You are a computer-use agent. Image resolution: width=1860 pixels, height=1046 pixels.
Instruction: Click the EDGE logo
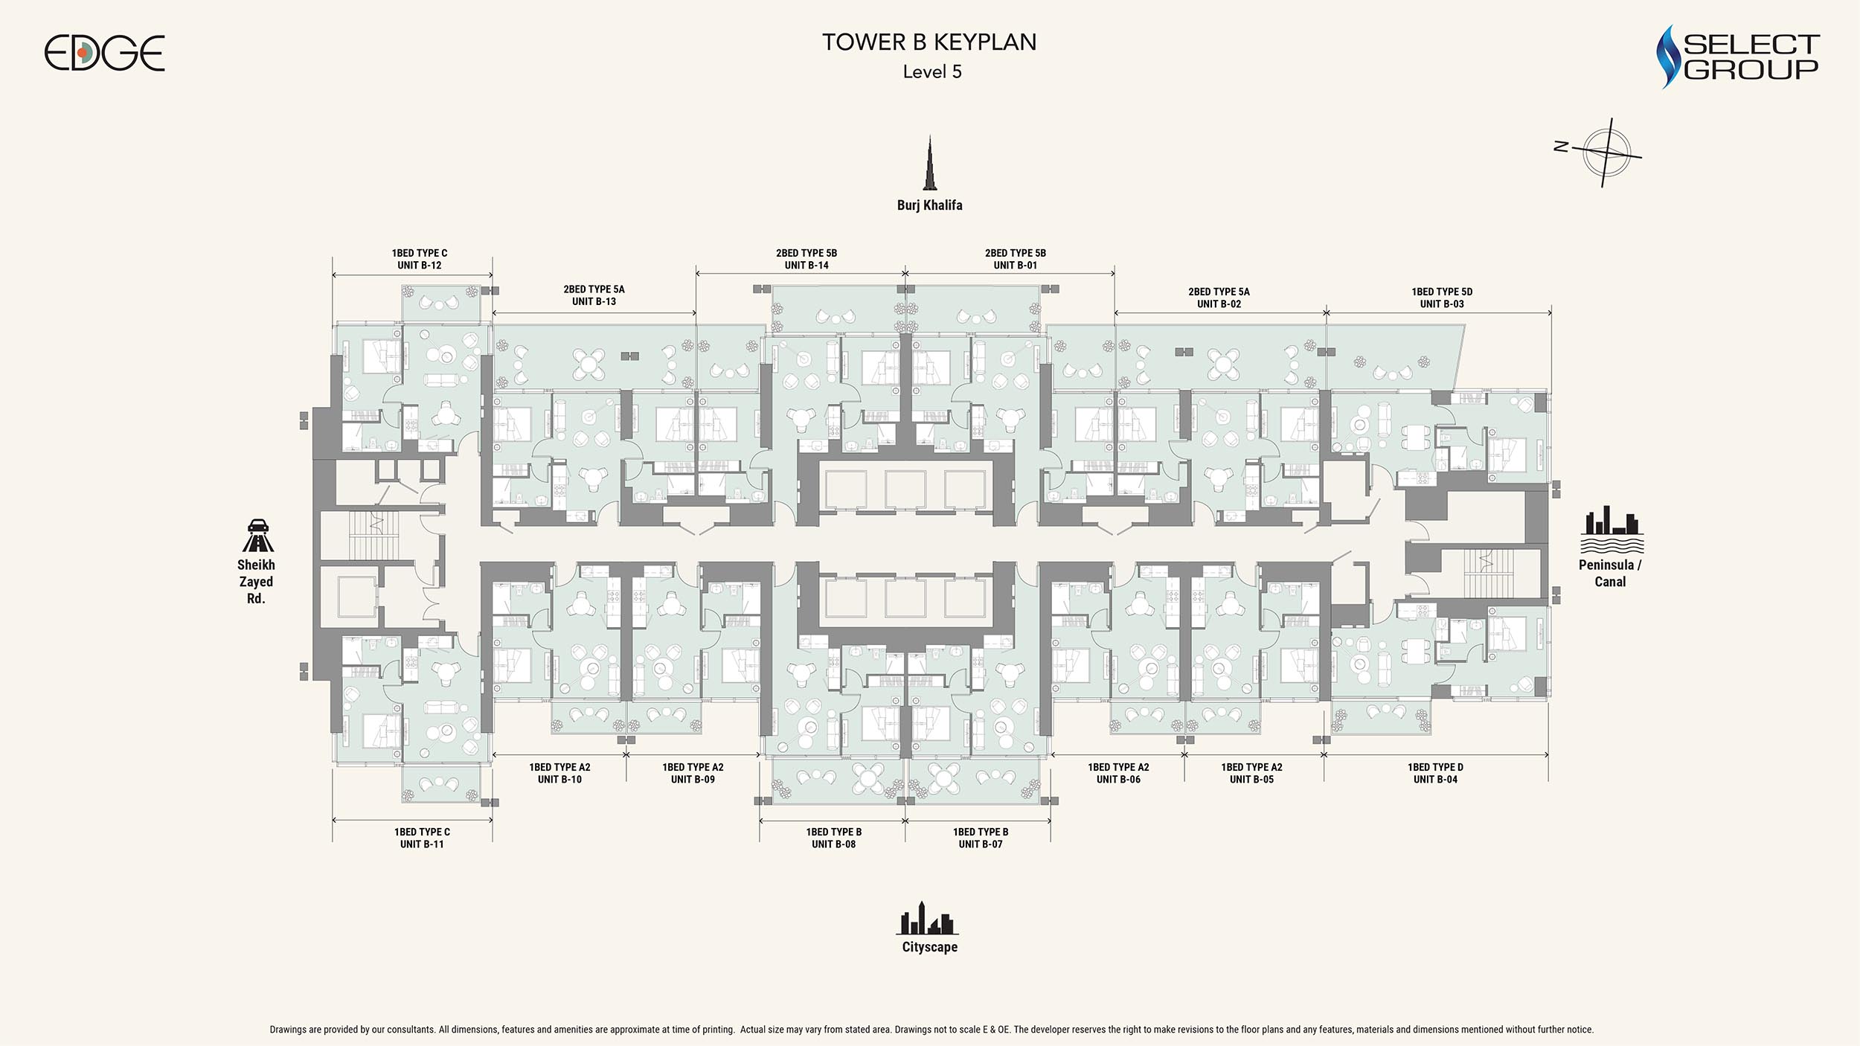(104, 53)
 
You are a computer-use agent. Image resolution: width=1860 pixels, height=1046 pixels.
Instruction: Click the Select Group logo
(1738, 57)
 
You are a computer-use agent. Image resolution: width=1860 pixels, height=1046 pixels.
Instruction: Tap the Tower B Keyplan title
(929, 42)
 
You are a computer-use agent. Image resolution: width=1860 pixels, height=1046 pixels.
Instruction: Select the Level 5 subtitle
(932, 72)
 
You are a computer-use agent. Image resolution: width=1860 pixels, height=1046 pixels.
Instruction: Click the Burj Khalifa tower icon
(930, 163)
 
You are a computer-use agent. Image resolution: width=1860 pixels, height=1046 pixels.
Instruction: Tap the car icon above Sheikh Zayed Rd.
(257, 535)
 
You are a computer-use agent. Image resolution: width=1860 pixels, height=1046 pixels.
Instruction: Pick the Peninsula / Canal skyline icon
(1612, 530)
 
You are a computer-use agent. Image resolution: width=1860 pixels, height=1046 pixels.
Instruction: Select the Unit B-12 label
(420, 266)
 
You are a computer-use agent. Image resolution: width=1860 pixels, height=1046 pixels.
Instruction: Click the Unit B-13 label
(594, 301)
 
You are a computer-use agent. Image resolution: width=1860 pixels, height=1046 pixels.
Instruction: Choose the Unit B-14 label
(806, 266)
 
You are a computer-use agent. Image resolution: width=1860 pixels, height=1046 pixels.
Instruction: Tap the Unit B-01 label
(1016, 266)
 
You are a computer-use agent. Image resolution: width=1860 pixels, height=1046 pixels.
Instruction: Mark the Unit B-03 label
(1442, 304)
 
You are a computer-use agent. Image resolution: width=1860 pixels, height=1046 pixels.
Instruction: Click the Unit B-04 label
(1435, 780)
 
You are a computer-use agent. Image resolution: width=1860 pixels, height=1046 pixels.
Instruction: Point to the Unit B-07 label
(981, 844)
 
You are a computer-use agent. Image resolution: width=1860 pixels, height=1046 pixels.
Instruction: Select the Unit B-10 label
(559, 780)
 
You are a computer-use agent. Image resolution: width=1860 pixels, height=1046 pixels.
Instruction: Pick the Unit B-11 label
(422, 844)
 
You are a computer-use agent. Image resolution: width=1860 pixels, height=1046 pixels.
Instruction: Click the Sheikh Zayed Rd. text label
(256, 582)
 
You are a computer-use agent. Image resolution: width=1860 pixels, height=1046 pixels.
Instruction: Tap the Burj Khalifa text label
(929, 205)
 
